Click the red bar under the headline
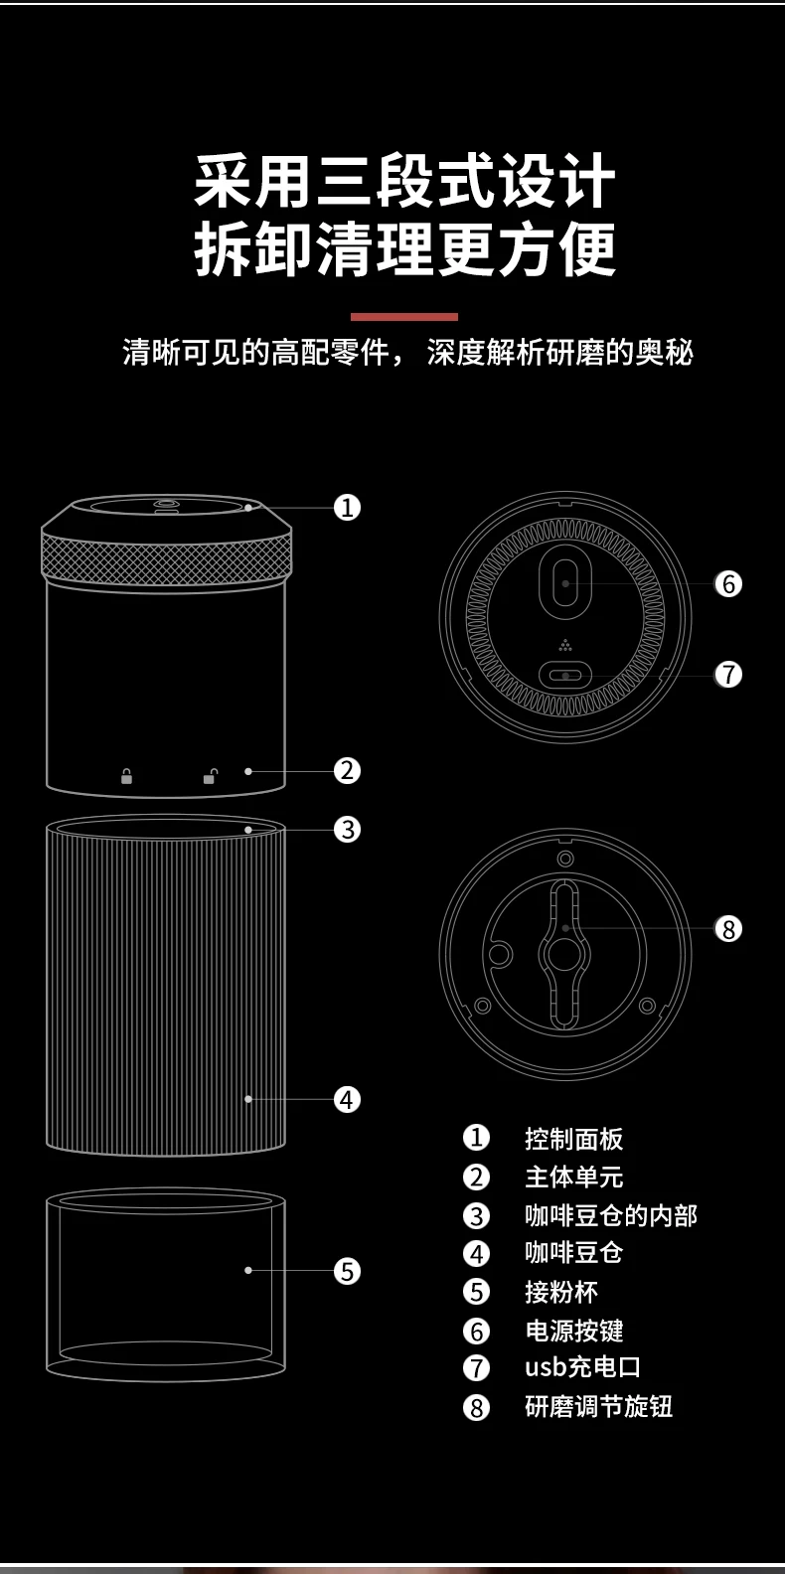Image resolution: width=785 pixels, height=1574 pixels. pos(404,317)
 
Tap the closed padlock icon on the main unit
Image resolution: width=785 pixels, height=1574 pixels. pos(126,776)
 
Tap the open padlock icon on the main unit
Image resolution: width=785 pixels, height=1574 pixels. pos(210,776)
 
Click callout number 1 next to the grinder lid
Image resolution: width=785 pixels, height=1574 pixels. pos(347,508)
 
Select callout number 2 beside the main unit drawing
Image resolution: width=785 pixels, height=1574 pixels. pos(347,771)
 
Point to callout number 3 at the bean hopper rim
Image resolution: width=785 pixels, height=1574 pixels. pos(347,830)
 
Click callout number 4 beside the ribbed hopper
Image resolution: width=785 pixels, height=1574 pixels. pos(347,1100)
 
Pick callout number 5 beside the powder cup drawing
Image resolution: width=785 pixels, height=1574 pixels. pos(347,1271)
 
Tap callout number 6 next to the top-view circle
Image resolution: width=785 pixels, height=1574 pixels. pos(728,584)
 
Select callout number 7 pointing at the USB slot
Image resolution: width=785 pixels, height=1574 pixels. pos(728,675)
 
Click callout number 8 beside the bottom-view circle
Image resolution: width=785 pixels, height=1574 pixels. pos(728,929)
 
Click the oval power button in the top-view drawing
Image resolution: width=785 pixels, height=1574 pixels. pos(565,583)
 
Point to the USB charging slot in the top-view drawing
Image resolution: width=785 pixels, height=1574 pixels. pos(565,676)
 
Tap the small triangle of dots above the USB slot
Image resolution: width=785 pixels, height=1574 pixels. pos(565,644)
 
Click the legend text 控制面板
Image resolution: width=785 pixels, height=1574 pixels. pos(573,1139)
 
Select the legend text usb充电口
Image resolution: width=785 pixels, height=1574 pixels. pos(582,1367)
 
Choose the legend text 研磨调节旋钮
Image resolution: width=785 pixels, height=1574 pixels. pos(598,1407)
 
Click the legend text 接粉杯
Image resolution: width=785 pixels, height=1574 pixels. pos(560,1292)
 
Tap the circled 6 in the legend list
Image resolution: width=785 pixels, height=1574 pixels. pos(477,1331)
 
